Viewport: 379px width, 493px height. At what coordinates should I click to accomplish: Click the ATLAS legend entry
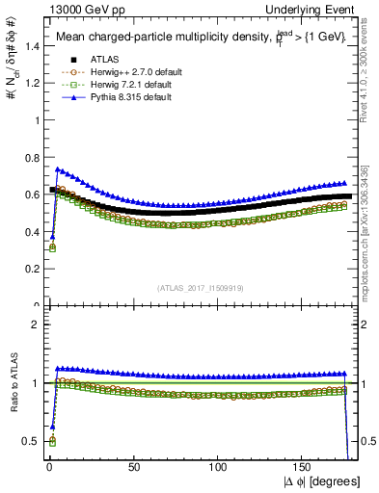pos(92,61)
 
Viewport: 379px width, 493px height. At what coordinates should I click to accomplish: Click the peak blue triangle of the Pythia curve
pos(58,169)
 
